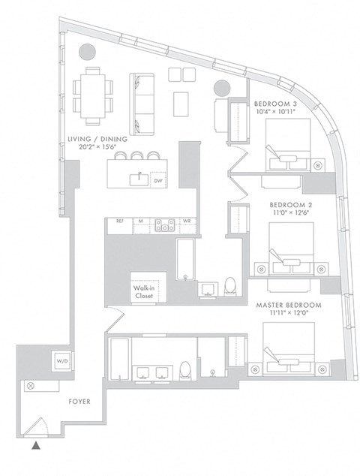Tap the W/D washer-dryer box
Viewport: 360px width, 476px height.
(59, 361)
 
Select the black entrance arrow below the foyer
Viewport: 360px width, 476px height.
(35, 446)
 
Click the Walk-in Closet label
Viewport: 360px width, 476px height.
(144, 292)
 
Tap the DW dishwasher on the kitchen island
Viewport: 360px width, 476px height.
(158, 181)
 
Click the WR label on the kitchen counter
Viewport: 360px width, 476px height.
(187, 221)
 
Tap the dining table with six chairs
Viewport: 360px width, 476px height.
(93, 95)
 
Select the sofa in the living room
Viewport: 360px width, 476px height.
(141, 103)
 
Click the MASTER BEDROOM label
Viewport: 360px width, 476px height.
(288, 305)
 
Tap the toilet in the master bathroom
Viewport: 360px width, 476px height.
(184, 369)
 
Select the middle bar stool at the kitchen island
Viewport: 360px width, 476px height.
(137, 155)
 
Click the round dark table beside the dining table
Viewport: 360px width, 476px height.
(88, 53)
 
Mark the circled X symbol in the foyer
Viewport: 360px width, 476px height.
(31, 385)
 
